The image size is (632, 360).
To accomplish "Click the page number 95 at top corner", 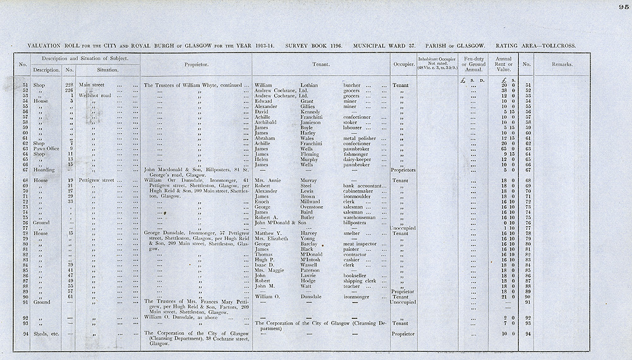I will [x=624, y=8].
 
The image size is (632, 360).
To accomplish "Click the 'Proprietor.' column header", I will [x=197, y=64].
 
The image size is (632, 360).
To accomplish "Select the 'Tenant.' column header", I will [x=324, y=64].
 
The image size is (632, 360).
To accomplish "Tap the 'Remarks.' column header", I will [x=562, y=64].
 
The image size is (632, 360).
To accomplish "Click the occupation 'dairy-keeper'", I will [x=359, y=160].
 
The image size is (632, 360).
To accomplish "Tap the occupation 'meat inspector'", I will [x=362, y=243].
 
